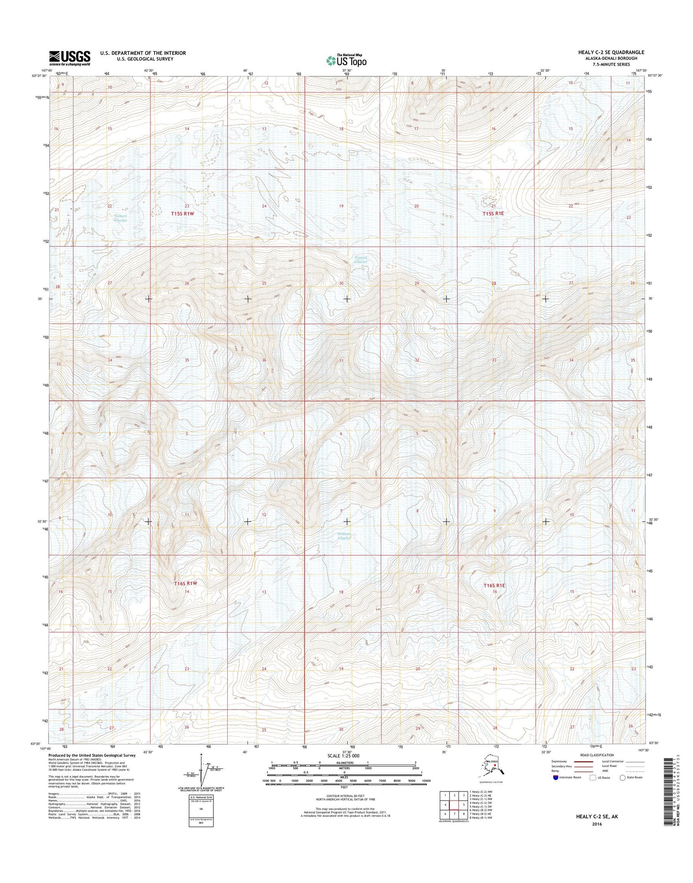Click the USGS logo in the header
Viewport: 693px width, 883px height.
click(x=70, y=58)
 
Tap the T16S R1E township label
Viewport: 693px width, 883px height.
click(x=495, y=585)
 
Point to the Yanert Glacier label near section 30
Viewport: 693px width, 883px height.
click(x=361, y=259)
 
